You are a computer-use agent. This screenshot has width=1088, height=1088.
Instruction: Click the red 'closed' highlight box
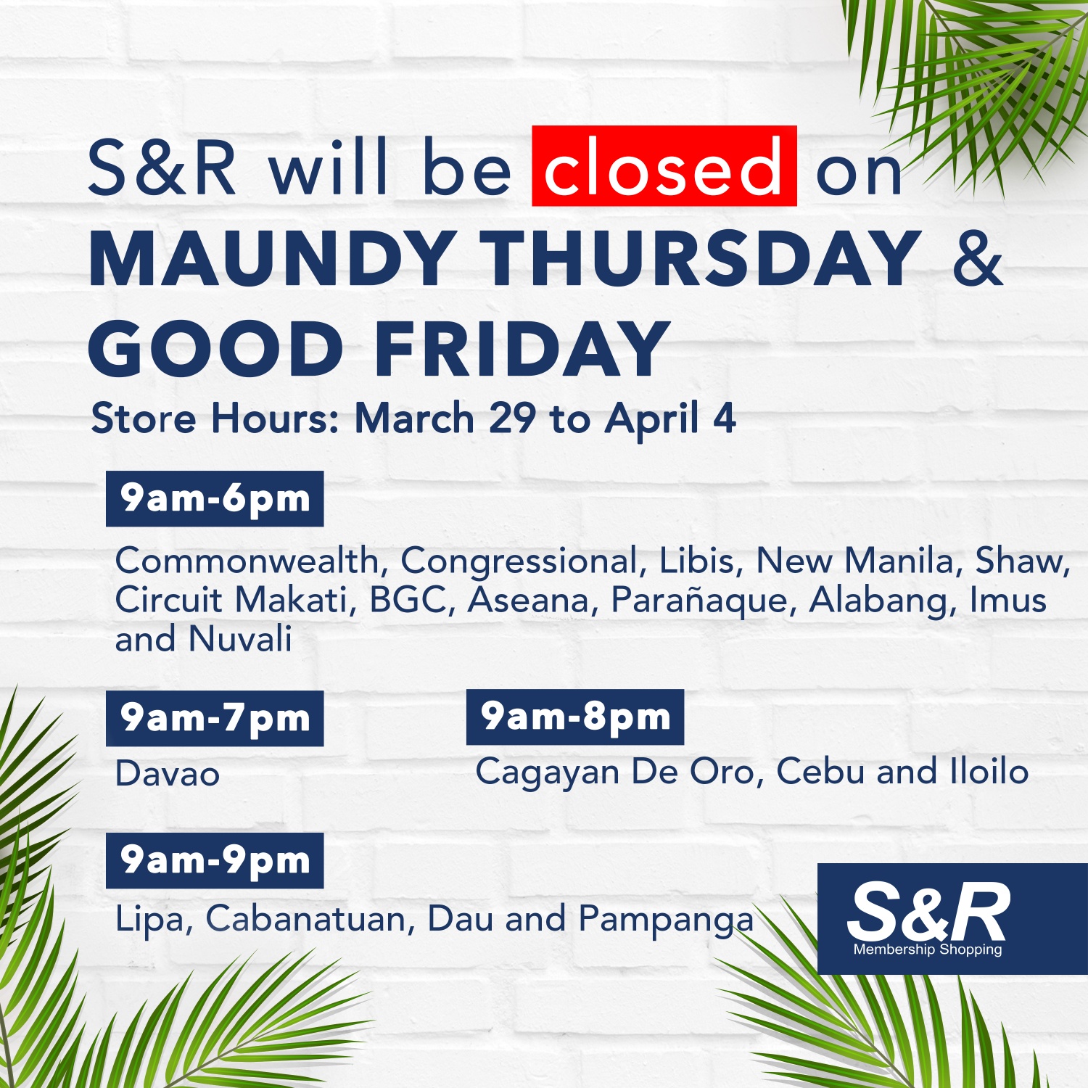(664, 166)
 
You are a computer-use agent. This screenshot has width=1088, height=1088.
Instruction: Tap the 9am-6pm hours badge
(215, 498)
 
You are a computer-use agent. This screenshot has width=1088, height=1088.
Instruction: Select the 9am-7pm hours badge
(215, 718)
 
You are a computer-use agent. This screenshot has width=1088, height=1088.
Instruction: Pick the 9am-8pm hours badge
(574, 717)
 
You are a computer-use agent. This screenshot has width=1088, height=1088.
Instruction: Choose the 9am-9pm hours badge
(215, 860)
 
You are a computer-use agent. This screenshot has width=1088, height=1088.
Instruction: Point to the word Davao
(167, 773)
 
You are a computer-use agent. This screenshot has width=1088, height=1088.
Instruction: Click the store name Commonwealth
(247, 561)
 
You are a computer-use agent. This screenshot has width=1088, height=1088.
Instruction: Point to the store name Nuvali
(240, 639)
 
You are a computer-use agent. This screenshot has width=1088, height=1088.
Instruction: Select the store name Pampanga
(666, 920)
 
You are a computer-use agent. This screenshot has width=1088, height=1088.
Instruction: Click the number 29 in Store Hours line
(512, 419)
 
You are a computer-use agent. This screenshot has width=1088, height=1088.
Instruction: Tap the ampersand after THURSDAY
(978, 257)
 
